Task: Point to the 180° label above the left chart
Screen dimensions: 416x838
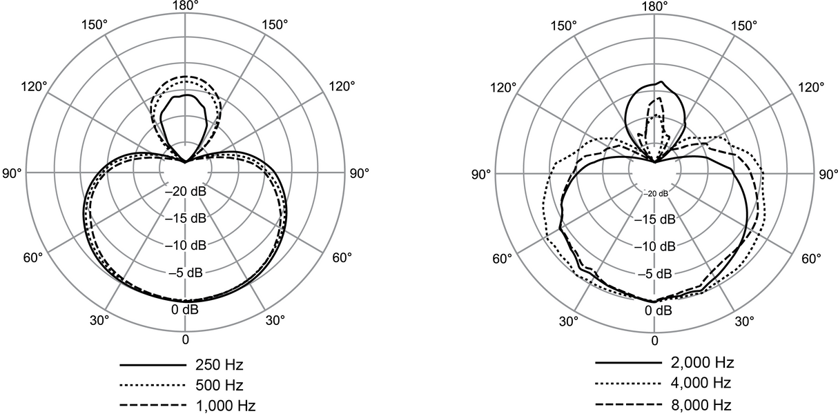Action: pyautogui.click(x=185, y=6)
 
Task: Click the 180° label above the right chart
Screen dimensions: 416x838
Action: pyautogui.click(x=654, y=6)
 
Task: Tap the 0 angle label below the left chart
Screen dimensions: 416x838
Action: pyautogui.click(x=185, y=339)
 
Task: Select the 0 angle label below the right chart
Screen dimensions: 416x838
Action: pyautogui.click(x=654, y=340)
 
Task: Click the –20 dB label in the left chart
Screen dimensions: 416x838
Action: pyautogui.click(x=185, y=192)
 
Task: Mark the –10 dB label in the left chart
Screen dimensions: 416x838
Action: pyautogui.click(x=185, y=246)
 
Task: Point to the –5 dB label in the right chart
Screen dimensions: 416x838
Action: pyautogui.click(x=654, y=274)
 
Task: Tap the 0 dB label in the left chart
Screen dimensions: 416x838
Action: pyautogui.click(x=185, y=310)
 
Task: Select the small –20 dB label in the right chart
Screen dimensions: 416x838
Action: pyautogui.click(x=655, y=193)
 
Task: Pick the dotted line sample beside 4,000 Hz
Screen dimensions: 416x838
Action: pyautogui.click(x=628, y=384)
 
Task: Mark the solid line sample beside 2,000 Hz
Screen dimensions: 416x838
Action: pyautogui.click(x=628, y=363)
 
